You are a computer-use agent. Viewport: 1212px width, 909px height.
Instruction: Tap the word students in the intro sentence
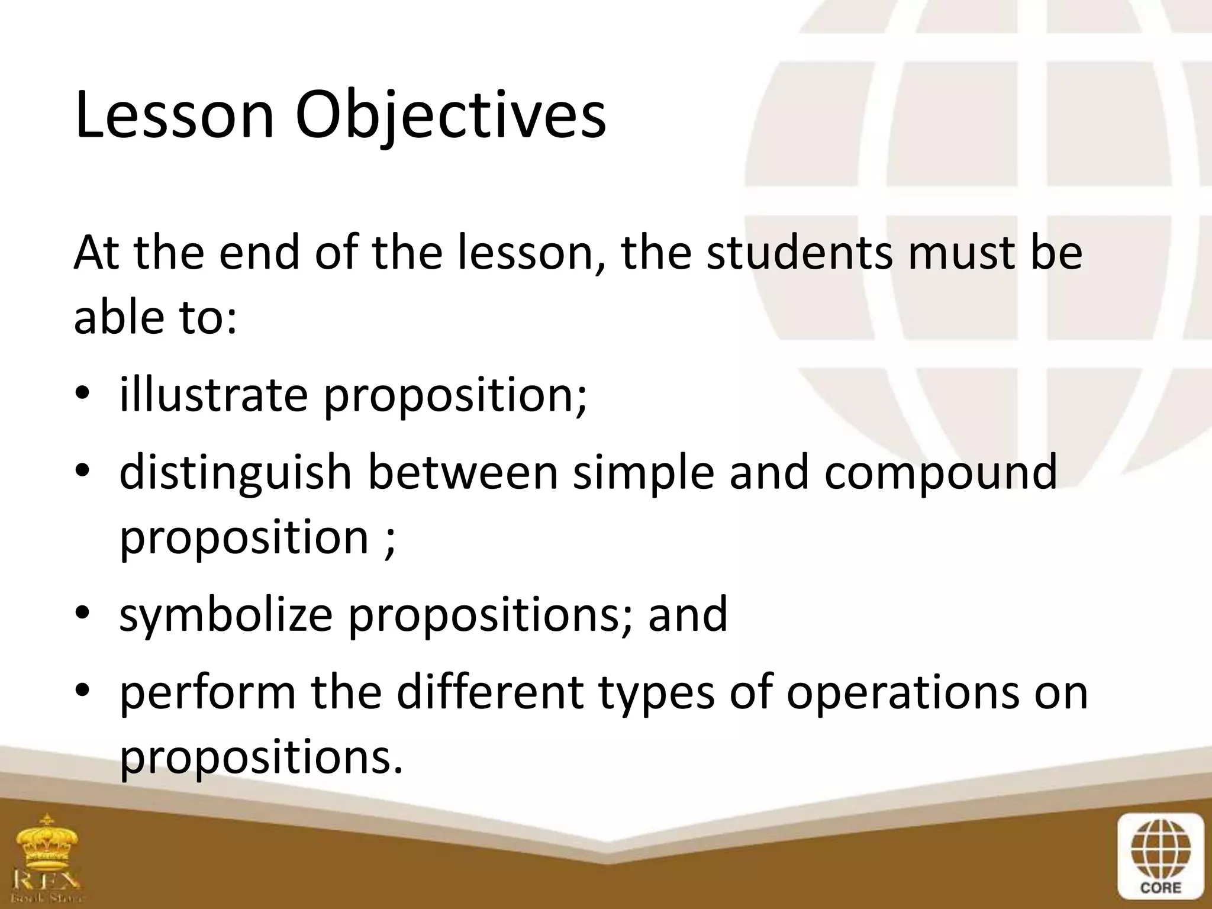pos(799,253)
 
